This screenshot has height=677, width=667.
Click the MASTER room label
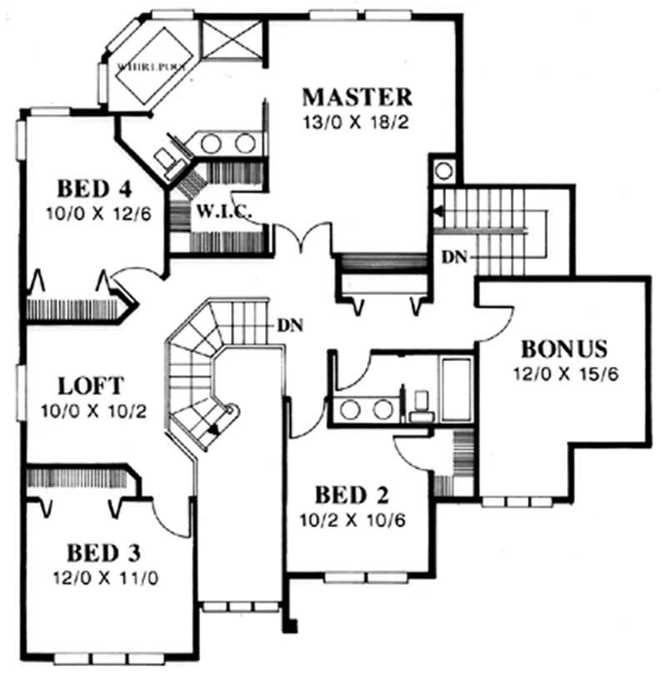[357, 98]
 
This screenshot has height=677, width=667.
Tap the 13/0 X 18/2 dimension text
[356, 123]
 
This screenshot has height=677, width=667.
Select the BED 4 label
[94, 188]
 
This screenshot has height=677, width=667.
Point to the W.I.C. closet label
[223, 212]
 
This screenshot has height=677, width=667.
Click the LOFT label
[91, 386]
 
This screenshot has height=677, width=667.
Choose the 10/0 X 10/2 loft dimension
[93, 411]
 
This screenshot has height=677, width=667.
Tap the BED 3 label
[103, 553]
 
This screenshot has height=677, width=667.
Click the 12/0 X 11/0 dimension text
[106, 578]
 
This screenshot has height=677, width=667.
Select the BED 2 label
[352, 494]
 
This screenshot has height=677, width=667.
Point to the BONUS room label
[564, 349]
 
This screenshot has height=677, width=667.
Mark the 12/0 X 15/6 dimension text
[565, 374]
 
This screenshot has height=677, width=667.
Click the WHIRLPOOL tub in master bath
[153, 65]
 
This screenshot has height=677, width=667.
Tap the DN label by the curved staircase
[289, 325]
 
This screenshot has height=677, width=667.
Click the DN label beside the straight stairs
[454, 258]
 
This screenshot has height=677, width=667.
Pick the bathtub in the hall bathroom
[456, 389]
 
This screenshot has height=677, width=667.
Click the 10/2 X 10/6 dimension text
[353, 520]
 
